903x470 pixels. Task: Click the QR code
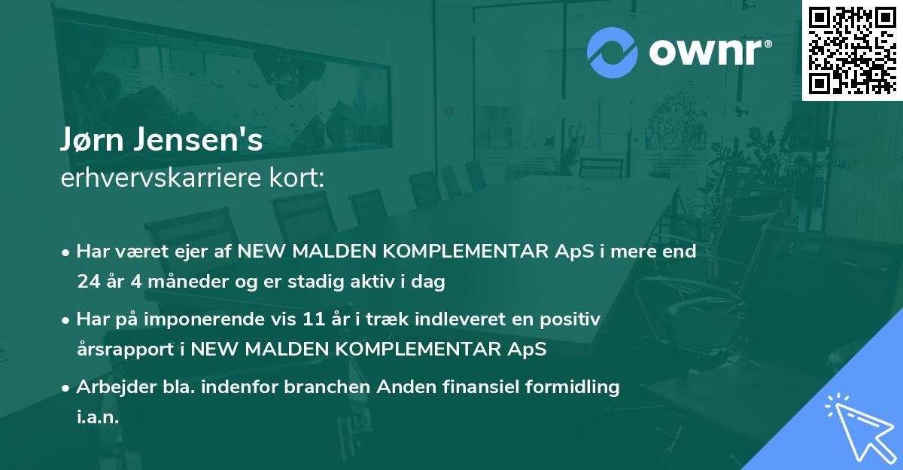coord(852,50)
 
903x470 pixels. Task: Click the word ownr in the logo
coord(707,53)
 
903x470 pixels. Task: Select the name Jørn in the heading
coord(96,142)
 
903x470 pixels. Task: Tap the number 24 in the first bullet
coord(87,282)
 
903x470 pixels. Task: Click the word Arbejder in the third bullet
coord(109,387)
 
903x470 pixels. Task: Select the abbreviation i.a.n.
coord(98,417)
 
